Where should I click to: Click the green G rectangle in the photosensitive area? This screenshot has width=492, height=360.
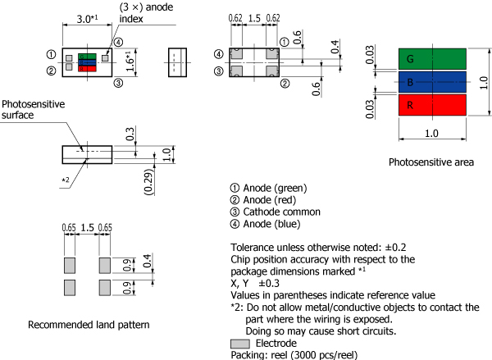(x=432, y=59)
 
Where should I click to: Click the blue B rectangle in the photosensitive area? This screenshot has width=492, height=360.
(x=432, y=82)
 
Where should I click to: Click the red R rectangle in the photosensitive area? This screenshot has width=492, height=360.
(x=432, y=105)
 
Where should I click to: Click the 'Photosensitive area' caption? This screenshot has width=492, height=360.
(x=431, y=162)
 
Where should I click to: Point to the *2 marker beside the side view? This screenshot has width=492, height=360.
(x=65, y=178)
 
